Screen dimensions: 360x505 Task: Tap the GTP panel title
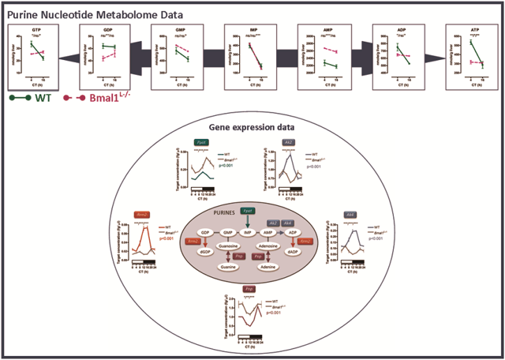[36, 29]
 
